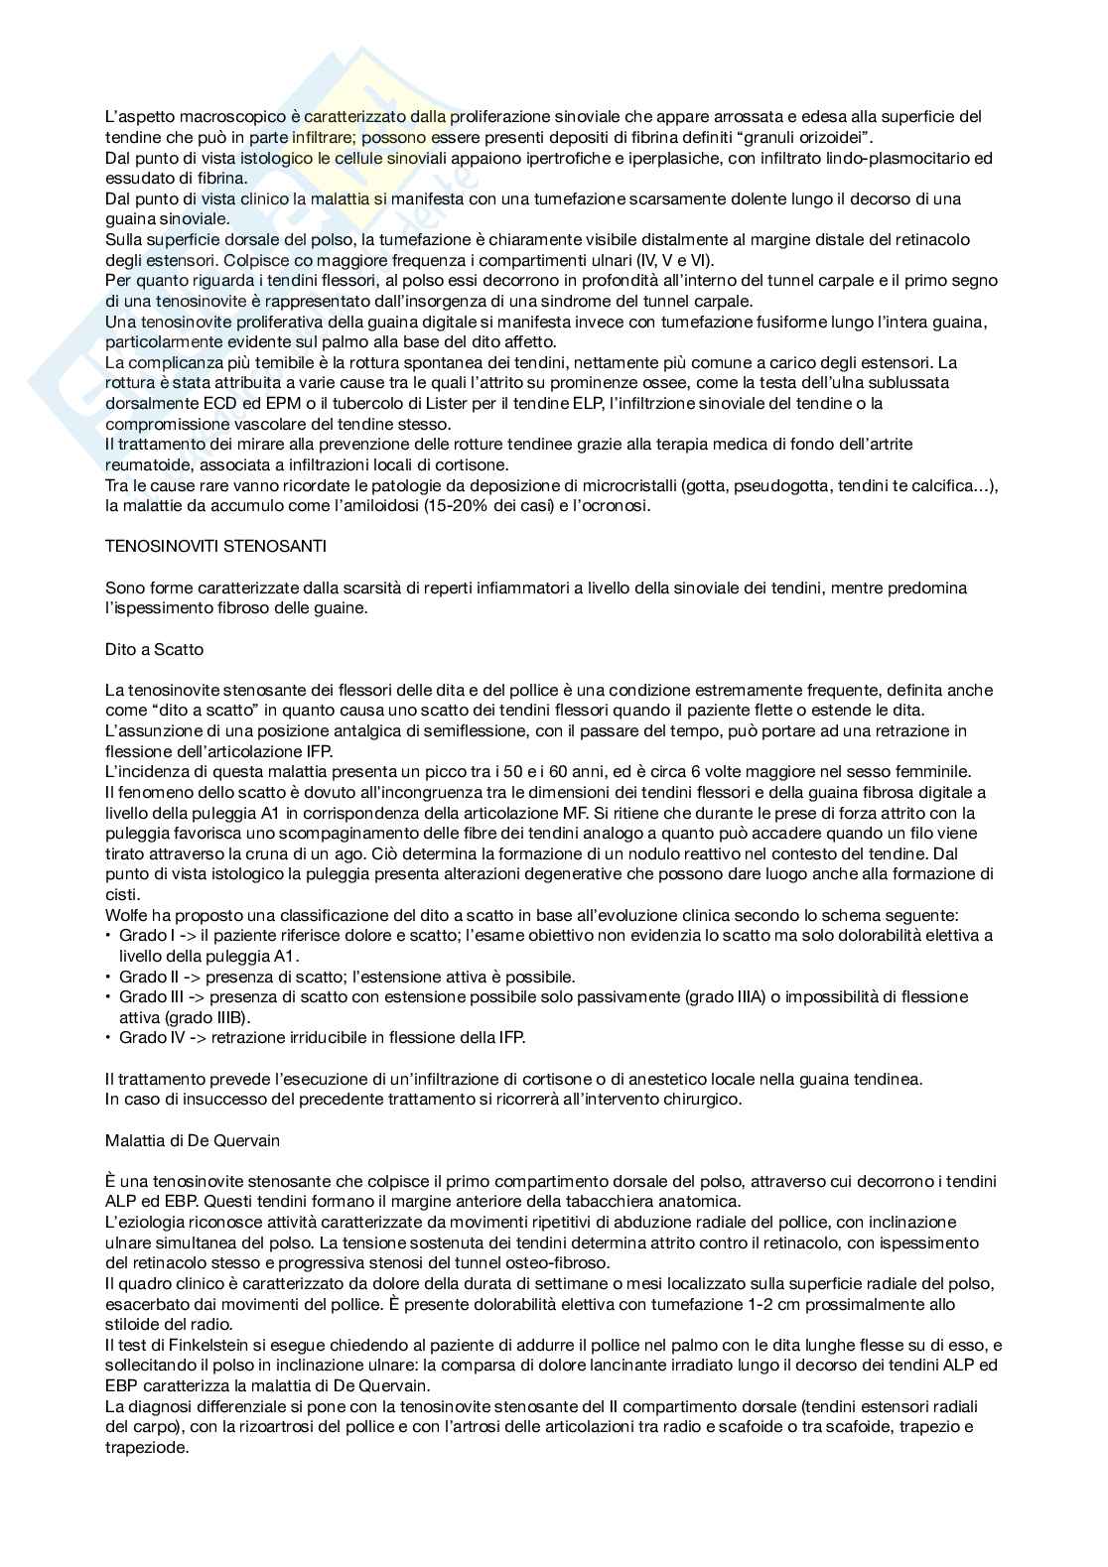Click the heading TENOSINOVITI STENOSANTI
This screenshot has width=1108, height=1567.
215,547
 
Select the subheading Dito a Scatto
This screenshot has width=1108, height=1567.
154,650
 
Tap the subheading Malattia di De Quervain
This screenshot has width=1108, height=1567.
193,1141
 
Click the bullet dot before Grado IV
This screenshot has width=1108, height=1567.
108,1038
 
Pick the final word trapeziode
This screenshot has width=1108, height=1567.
147,1448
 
